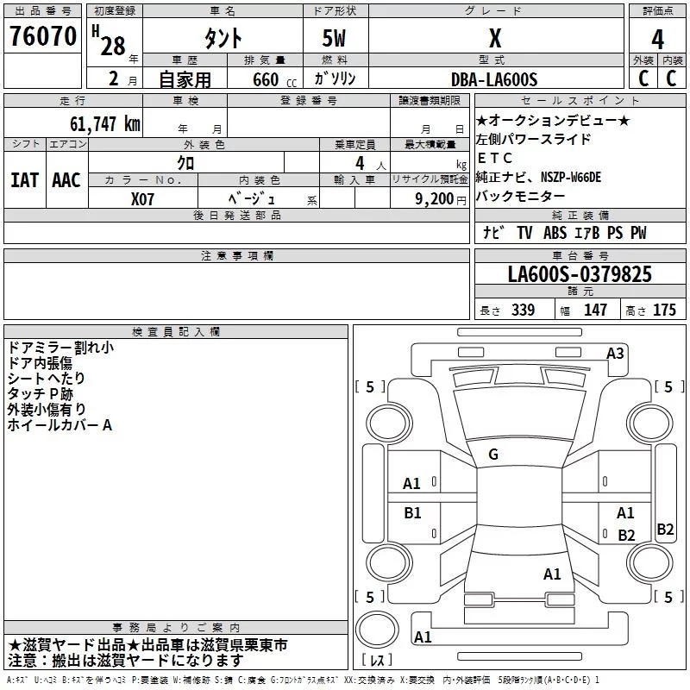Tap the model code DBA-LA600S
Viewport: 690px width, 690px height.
tap(494, 79)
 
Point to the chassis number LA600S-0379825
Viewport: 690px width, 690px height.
tap(580, 275)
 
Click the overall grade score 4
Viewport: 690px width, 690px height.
tap(657, 40)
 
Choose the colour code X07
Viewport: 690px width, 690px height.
tap(143, 198)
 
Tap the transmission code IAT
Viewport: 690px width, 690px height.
tap(25, 180)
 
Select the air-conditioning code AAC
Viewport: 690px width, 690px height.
tap(66, 180)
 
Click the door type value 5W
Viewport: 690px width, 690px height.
tap(336, 40)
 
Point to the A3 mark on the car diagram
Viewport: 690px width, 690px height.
tap(616, 353)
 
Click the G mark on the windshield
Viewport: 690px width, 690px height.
tap(492, 455)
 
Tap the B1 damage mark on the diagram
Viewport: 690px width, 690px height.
tap(413, 513)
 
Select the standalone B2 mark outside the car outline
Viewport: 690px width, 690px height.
tap(665, 530)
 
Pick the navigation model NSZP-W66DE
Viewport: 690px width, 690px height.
tap(571, 177)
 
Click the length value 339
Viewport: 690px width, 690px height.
tap(521, 310)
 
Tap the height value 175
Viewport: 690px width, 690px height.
tap(664, 310)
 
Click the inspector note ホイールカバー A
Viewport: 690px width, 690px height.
tap(60, 425)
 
